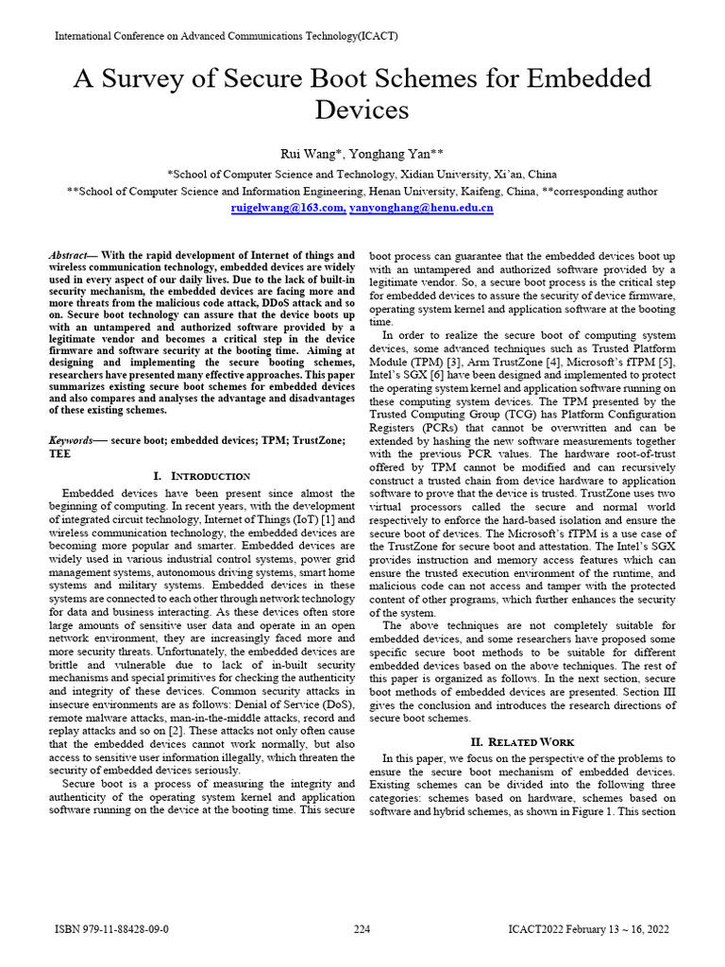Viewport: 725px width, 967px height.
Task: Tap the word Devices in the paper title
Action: pos(362,110)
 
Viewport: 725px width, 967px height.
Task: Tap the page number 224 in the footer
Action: pos(362,929)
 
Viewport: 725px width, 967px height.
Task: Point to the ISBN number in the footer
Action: pos(112,929)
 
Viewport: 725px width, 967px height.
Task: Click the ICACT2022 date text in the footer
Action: pos(588,929)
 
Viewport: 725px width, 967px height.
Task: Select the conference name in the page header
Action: pos(227,36)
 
